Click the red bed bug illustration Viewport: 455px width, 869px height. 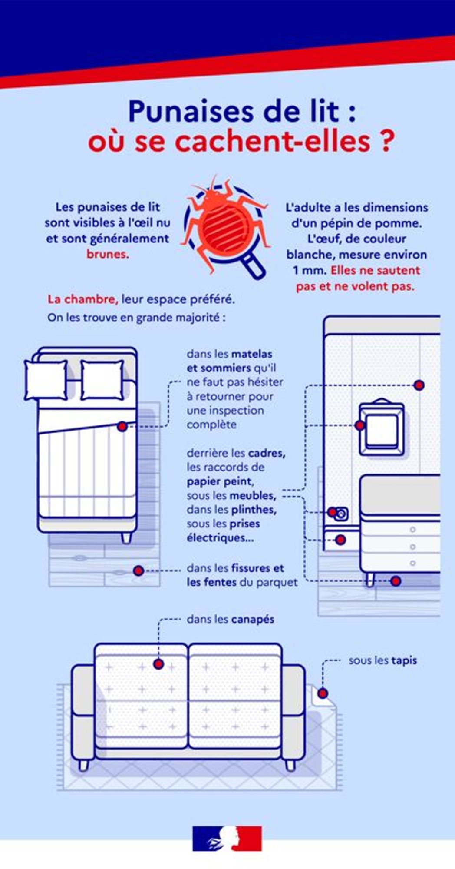(224, 222)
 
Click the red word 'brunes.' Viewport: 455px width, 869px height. (108, 254)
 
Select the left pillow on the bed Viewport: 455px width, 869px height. (46, 380)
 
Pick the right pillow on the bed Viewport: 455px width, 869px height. (102, 380)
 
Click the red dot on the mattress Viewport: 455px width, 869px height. (122, 427)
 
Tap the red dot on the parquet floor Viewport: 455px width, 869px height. (138, 570)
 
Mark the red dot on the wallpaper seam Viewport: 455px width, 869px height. (419, 385)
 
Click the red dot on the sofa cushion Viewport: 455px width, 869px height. (158, 664)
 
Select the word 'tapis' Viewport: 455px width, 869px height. (404, 660)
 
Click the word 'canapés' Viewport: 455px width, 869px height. (252, 619)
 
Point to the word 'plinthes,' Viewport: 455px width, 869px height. (254, 510)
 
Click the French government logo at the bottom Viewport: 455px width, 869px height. (227, 838)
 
